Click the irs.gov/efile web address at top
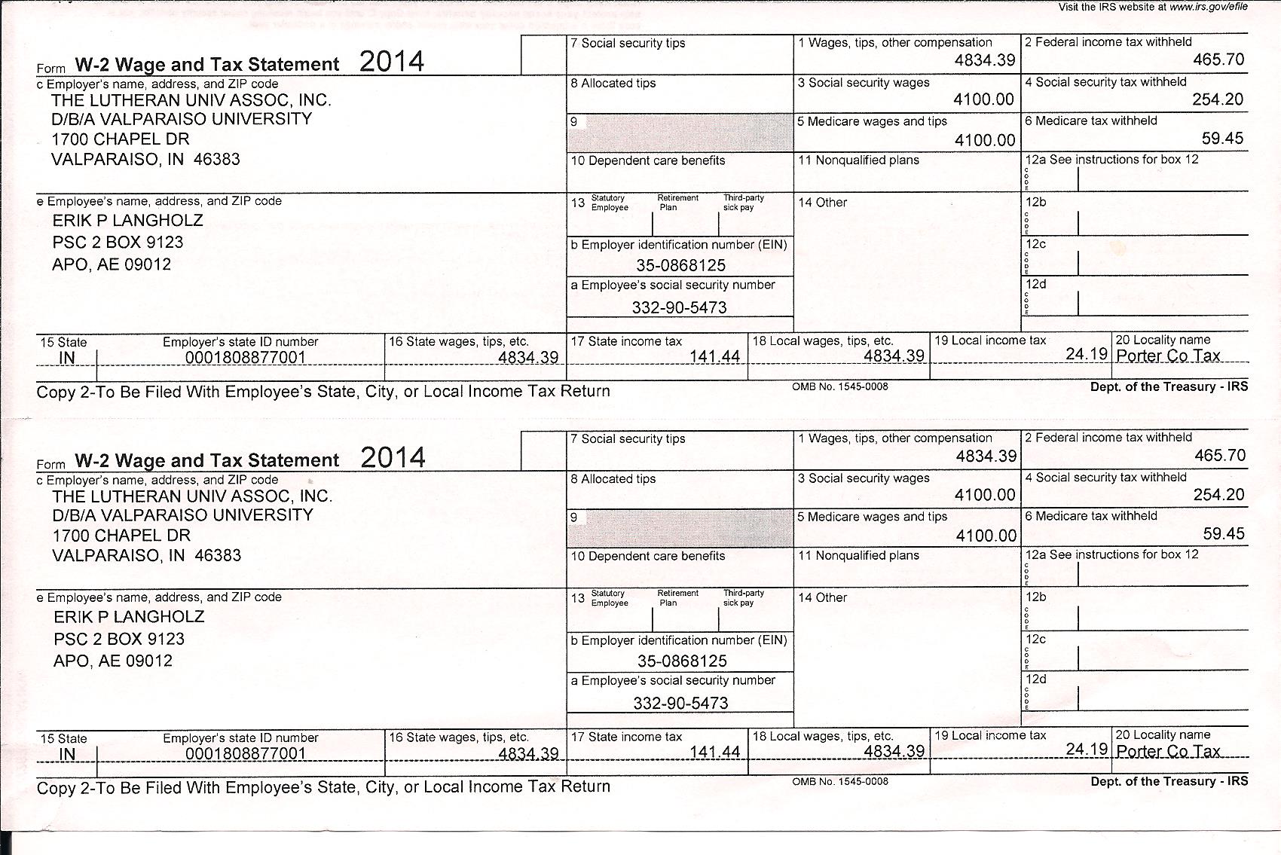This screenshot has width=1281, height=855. coord(1208,7)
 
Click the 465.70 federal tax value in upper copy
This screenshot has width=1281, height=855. coord(1218,60)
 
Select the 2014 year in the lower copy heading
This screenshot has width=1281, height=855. coord(393,457)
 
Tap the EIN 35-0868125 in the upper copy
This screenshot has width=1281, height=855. coord(680,265)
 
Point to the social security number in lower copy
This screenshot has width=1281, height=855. coord(680,703)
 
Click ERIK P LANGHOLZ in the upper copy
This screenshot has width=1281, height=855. coord(127,221)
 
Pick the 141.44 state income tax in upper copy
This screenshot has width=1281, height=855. coord(714,356)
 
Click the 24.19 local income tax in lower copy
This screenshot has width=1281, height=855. coord(1087,749)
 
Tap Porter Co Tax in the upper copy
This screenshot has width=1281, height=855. coord(1167,356)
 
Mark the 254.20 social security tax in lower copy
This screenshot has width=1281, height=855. coord(1218,495)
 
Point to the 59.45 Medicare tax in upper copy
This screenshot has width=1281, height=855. coord(1222,139)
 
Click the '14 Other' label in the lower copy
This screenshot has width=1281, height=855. coord(822,598)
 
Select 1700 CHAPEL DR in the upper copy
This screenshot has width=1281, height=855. coord(121,139)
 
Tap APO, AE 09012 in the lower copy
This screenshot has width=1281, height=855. coord(113,661)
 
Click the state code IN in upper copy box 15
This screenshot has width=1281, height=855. coord(67,358)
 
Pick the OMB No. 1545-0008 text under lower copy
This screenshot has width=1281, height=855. coord(839,782)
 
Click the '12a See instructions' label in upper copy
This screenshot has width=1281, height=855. coord(1111,160)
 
